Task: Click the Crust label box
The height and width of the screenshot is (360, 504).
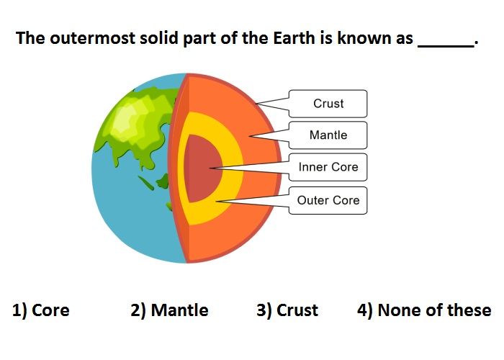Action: tap(328, 104)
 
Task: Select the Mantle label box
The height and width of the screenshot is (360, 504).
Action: tap(328, 135)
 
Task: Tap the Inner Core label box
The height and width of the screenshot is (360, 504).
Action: tap(328, 167)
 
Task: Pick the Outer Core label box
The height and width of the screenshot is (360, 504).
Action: tap(328, 200)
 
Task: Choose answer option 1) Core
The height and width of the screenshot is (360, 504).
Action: tap(41, 310)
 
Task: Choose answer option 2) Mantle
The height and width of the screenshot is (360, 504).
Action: tap(169, 310)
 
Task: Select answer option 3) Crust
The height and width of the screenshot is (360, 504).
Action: tap(287, 310)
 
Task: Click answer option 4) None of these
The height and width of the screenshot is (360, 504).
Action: tap(424, 310)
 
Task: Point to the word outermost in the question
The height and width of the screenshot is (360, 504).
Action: tap(93, 38)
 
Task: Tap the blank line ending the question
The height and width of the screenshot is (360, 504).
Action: tap(446, 47)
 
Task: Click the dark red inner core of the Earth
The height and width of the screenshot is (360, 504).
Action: tap(203, 168)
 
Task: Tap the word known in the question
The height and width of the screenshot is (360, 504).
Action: tap(359, 38)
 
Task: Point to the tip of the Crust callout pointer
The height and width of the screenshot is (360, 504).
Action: tap(256, 104)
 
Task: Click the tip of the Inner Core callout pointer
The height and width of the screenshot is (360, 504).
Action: tap(210, 168)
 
